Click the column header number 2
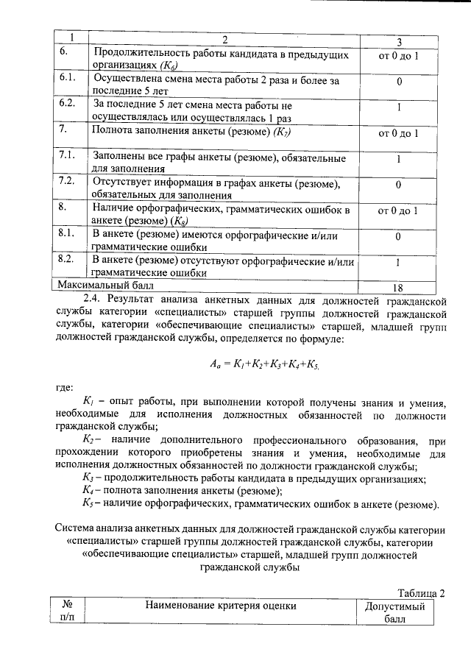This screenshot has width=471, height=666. point(224,39)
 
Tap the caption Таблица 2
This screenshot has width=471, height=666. point(422,593)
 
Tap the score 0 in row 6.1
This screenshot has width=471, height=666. point(397,82)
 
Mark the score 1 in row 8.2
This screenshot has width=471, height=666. point(397,263)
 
